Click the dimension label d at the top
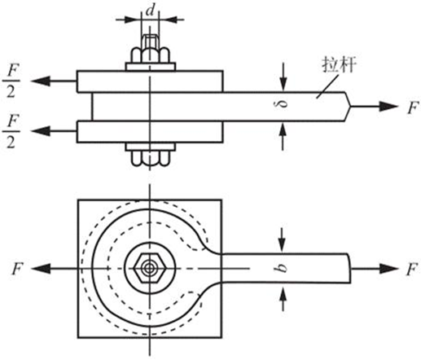click(x=151, y=11)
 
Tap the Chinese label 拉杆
click(x=339, y=65)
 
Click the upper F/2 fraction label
click(x=11, y=81)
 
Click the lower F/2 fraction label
click(x=11, y=131)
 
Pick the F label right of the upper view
click(x=412, y=108)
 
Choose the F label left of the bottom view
click(x=17, y=269)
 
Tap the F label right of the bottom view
click(x=411, y=270)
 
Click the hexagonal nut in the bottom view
click(x=148, y=268)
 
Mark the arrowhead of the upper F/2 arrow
click(x=41, y=81)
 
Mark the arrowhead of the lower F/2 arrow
click(x=41, y=131)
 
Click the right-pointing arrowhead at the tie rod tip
click(x=388, y=106)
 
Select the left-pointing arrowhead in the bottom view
click(x=41, y=269)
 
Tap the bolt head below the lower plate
click(x=151, y=158)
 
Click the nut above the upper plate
click(x=151, y=55)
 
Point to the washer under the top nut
click(x=151, y=67)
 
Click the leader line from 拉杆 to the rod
click(x=327, y=86)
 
